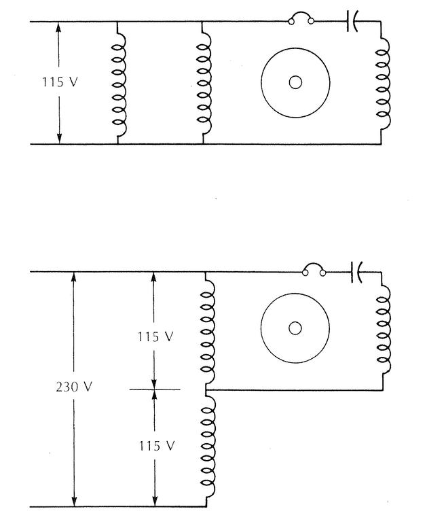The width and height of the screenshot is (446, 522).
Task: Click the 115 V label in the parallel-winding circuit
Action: [x=58, y=82]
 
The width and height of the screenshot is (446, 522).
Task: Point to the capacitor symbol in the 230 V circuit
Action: [x=356, y=273]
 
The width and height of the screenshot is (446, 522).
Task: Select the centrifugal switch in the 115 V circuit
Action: [x=301, y=19]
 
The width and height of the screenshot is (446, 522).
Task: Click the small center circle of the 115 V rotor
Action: [x=295, y=82]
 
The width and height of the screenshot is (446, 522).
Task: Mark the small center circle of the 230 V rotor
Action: [x=295, y=328]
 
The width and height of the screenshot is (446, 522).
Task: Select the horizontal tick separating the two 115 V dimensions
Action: [x=155, y=389]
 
